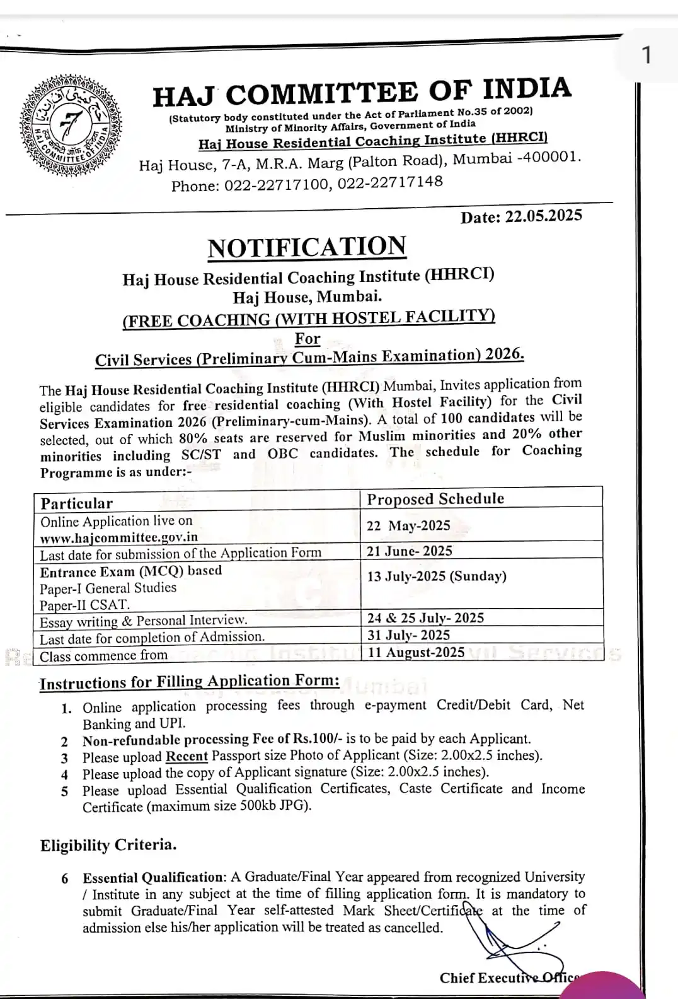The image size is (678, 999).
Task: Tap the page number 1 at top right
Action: click(x=646, y=56)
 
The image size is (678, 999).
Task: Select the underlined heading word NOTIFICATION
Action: click(x=307, y=247)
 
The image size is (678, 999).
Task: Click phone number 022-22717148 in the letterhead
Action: click(x=390, y=182)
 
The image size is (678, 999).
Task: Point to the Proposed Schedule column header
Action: click(x=435, y=499)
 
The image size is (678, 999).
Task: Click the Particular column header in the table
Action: click(x=76, y=503)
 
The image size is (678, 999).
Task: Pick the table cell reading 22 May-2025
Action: click(x=408, y=525)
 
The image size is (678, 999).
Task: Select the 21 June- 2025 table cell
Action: click(x=410, y=551)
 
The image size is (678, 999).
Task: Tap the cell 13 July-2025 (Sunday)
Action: click(x=437, y=576)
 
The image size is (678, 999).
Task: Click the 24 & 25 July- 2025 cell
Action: click(x=425, y=617)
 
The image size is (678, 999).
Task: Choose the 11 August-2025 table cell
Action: click(x=416, y=652)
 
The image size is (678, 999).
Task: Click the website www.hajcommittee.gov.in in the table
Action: click(x=119, y=537)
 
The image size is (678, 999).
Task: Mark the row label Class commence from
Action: click(x=104, y=656)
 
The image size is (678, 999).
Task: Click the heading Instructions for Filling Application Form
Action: click(x=190, y=682)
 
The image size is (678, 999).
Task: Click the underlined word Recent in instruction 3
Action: click(x=187, y=756)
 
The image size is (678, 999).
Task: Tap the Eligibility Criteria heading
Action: click(x=108, y=845)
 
